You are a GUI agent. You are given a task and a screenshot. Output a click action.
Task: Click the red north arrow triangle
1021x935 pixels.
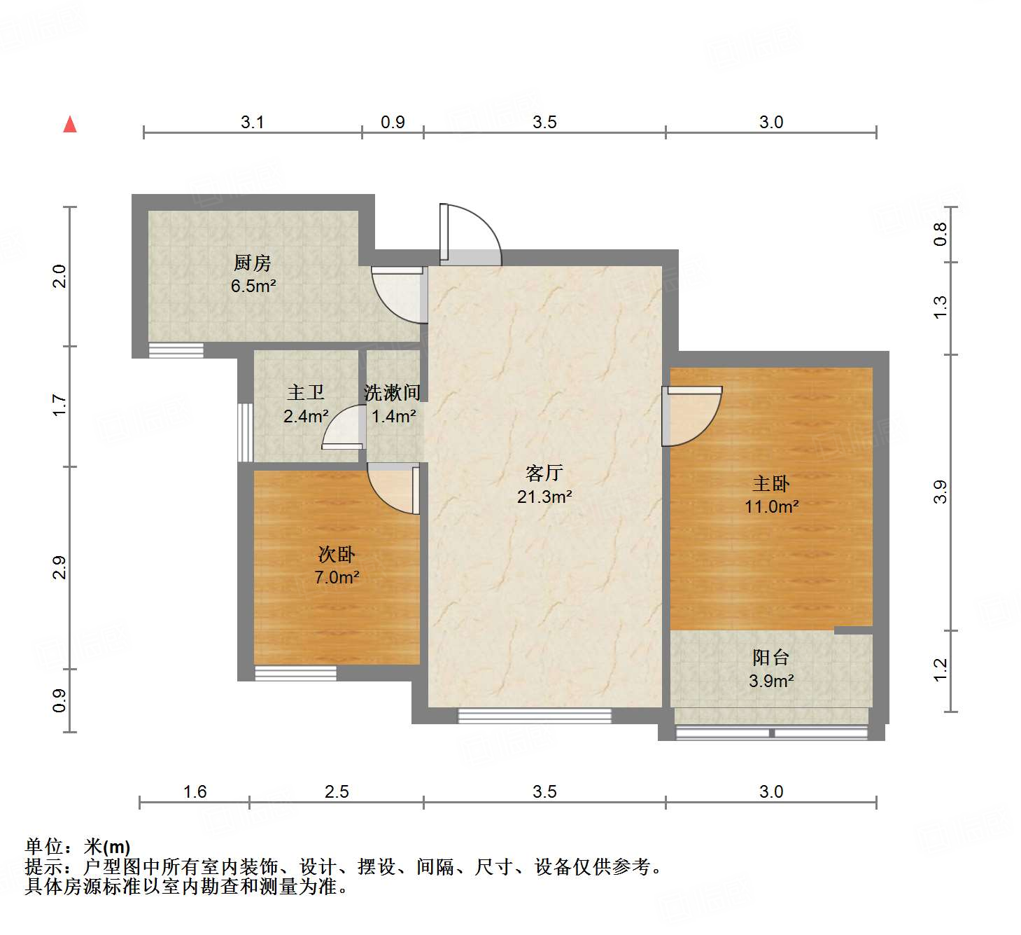pyautogui.click(x=70, y=125)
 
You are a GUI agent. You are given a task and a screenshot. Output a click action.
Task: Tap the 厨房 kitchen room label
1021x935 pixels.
pyautogui.click(x=252, y=263)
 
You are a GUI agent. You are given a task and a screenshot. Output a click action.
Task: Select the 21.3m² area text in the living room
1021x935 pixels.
pyautogui.click(x=544, y=497)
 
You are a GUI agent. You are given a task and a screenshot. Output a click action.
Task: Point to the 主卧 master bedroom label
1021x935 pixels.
pyautogui.click(x=770, y=483)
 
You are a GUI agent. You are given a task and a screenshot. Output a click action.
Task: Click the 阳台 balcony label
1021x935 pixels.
pyautogui.click(x=770, y=657)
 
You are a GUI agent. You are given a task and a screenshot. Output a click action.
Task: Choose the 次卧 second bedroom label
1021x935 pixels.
pyautogui.click(x=337, y=555)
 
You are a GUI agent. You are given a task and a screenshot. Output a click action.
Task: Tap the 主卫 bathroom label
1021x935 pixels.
pyautogui.click(x=306, y=392)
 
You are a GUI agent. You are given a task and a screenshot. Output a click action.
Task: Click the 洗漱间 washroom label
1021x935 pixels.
pyautogui.click(x=393, y=393)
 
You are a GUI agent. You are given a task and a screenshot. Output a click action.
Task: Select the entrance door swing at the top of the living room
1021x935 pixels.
pyautogui.click(x=470, y=235)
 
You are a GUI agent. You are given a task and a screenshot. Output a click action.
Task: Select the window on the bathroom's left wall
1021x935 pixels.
pyautogui.click(x=245, y=431)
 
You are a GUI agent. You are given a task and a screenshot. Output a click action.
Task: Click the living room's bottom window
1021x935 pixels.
pyautogui.click(x=535, y=715)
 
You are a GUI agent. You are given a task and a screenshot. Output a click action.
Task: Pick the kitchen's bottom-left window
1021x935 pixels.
pyautogui.click(x=176, y=350)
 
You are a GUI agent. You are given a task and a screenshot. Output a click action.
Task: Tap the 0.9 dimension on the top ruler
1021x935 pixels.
pyautogui.click(x=393, y=123)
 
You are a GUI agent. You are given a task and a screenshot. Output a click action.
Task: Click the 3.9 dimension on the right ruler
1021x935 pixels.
pyautogui.click(x=940, y=492)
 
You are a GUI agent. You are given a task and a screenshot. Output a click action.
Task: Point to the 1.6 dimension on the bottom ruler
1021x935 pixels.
pyautogui.click(x=195, y=791)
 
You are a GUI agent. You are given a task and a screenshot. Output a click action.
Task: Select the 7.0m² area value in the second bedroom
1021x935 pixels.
pyautogui.click(x=337, y=578)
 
